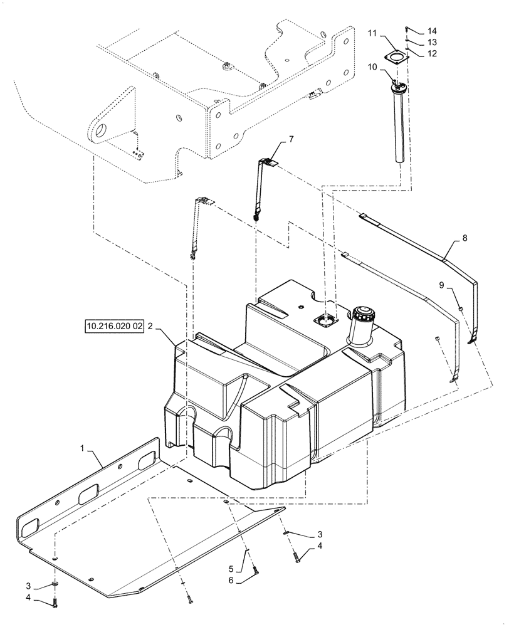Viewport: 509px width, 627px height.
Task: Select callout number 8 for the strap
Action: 464,238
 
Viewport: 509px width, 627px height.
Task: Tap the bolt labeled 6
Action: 255,569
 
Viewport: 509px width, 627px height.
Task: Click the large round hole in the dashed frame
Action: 100,130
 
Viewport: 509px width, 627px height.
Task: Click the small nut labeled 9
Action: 461,308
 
